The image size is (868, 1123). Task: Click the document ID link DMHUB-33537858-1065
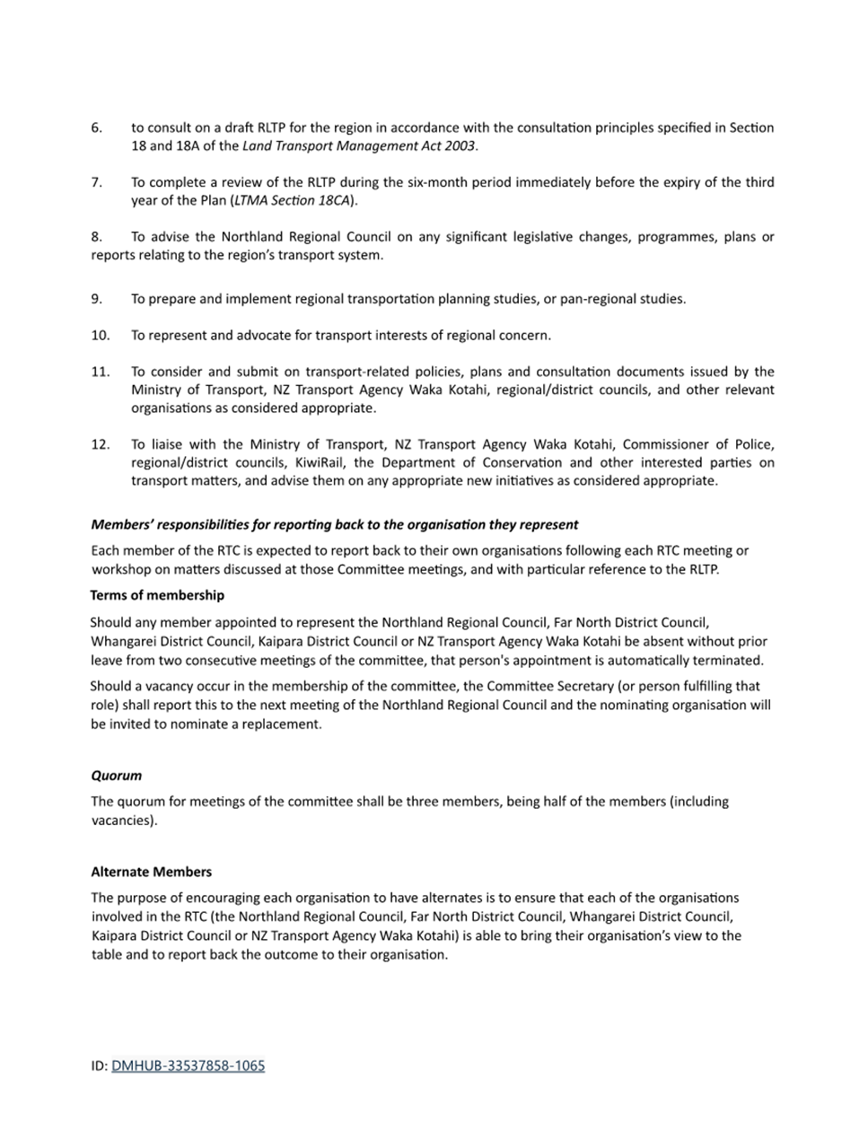[188, 1066]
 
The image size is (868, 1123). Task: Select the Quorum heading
[116, 775]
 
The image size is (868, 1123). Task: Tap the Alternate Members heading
[151, 872]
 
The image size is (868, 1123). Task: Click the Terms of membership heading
[157, 595]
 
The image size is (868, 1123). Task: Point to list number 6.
[96, 127]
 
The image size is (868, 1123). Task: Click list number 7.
[96, 182]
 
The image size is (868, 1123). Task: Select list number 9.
[96, 299]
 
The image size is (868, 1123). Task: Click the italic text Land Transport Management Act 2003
[359, 145]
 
